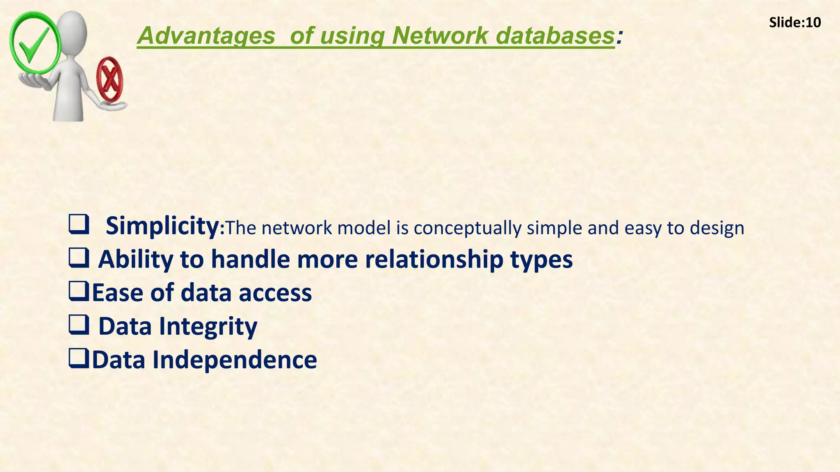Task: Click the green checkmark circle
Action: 35,43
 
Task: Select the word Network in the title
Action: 440,36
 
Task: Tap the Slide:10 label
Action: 794,23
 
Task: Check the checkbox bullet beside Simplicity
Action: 79,226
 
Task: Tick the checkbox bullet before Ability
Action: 79,259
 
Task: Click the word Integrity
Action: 208,327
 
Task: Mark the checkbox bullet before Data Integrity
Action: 79,326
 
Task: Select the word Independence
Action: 235,360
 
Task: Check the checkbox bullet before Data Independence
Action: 79,359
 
